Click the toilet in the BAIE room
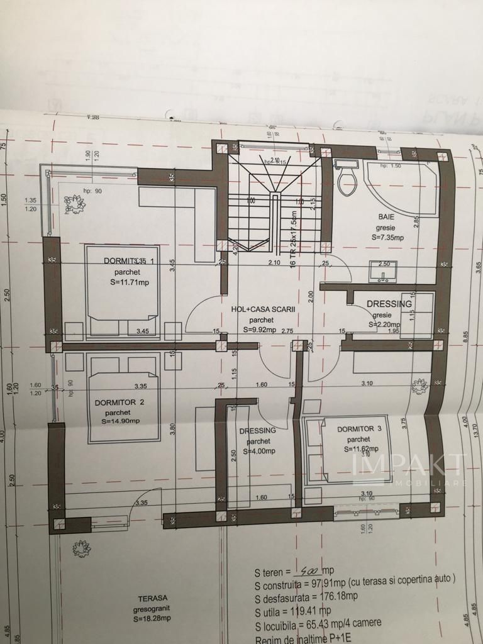tap(347, 179)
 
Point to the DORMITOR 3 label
tap(360, 429)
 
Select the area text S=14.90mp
tap(117, 421)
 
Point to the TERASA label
tap(155, 599)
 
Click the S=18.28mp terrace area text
tap(155, 619)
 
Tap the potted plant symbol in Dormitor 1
tap(77, 203)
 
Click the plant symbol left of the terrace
tap(81, 548)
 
